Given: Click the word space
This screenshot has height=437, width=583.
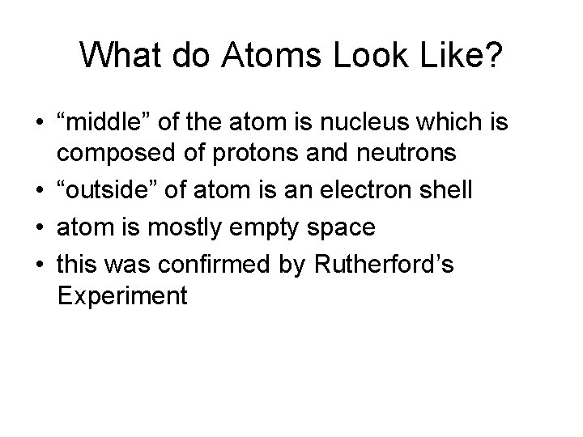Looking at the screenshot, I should pos(336,227).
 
